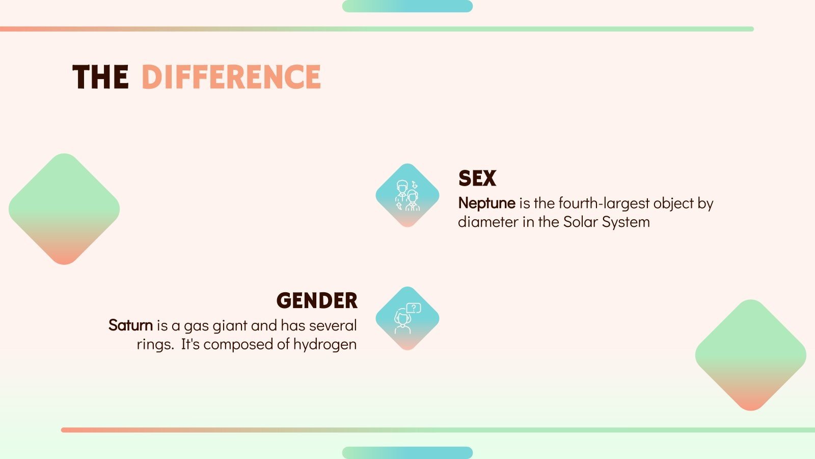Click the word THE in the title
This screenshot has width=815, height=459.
100,78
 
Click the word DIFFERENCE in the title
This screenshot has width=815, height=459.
231,78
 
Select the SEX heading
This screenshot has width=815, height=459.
477,178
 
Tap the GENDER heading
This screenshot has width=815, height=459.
317,301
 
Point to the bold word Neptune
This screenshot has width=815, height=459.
486,203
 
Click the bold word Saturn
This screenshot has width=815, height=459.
130,325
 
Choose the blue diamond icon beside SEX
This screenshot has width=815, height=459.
407,195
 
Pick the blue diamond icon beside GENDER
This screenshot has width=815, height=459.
407,318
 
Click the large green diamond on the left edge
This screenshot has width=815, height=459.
64,209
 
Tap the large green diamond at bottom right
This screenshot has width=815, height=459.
750,355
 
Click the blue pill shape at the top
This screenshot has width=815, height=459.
407,6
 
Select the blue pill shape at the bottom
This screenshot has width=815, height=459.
407,453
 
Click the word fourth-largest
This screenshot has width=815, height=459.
604,203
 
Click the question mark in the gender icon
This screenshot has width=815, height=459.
414,308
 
